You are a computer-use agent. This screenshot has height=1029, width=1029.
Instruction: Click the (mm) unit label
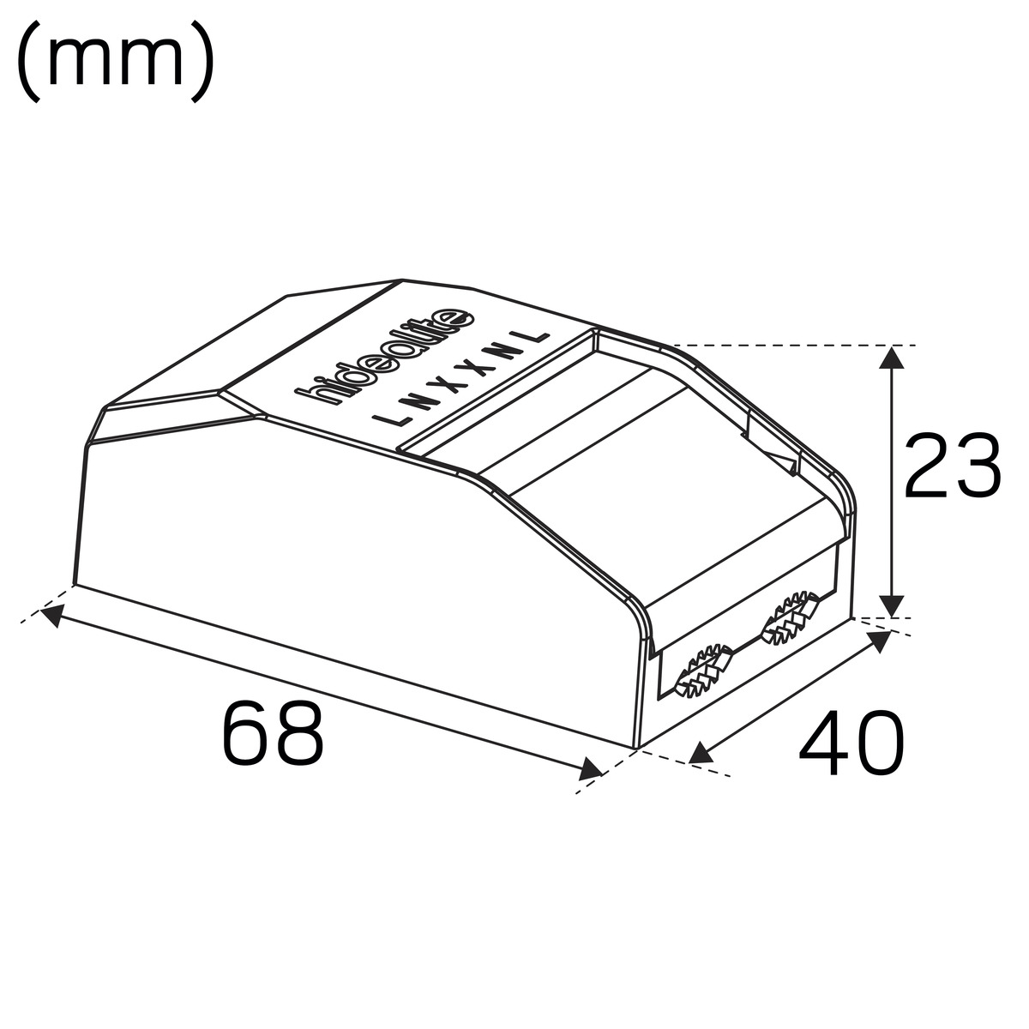click(x=116, y=62)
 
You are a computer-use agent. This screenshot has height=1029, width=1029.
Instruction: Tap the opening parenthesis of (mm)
click(x=28, y=62)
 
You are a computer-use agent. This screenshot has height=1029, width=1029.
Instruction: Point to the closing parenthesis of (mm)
click(x=203, y=62)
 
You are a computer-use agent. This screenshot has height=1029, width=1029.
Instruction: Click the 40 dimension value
click(x=851, y=743)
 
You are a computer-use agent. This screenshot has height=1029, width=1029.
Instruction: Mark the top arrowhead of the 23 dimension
click(x=890, y=358)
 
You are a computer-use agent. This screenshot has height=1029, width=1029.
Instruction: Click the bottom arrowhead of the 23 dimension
click(x=890, y=606)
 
